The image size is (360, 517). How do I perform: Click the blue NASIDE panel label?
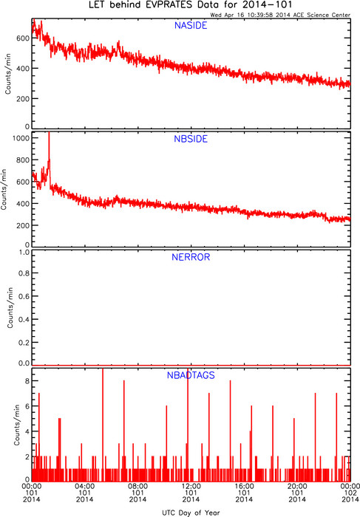pos(191,25)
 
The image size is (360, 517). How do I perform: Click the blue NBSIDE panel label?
pos(191,139)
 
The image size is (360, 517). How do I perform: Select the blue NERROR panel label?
pos(191,257)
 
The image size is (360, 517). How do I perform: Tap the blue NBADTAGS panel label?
pos(191,375)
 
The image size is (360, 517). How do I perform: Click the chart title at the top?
pos(191,5)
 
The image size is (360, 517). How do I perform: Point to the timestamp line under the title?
pos(280,15)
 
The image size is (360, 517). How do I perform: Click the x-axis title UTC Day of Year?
pos(191,513)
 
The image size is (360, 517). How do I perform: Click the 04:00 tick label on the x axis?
pos(85,486)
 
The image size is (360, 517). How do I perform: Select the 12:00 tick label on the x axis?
pos(191,486)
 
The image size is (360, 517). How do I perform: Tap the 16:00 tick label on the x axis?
pos(244,486)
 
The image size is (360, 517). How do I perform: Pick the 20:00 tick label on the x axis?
pos(297,486)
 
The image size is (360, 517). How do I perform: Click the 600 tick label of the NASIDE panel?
pos(23,38)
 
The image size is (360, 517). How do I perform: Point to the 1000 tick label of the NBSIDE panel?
pos(21,138)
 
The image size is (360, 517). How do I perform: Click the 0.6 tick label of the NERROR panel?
pos(24,296)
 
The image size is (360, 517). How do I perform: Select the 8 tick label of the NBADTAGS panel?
pos(27,381)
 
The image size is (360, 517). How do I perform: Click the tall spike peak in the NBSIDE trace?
pos(49,133)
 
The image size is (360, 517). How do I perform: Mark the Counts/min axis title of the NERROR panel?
pos(10,308)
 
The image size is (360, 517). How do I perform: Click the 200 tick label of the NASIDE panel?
pos(23,98)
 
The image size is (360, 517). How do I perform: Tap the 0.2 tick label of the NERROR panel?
pos(24,343)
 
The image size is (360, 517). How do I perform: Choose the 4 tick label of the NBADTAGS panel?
pos(27,431)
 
